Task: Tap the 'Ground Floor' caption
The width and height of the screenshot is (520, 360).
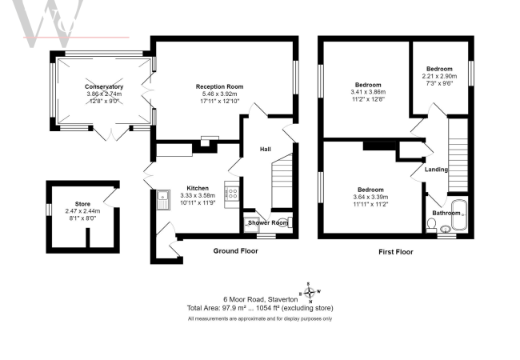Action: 234,251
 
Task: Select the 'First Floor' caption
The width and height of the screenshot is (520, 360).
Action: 400,251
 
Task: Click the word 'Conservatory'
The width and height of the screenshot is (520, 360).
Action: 105,86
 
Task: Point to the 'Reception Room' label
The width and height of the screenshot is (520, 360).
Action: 219,86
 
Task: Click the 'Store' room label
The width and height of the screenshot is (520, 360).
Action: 83,204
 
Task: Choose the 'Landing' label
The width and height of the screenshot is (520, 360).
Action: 436,169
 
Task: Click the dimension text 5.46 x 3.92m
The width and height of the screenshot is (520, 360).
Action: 219,94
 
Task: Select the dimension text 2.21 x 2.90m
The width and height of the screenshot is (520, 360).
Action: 439,75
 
